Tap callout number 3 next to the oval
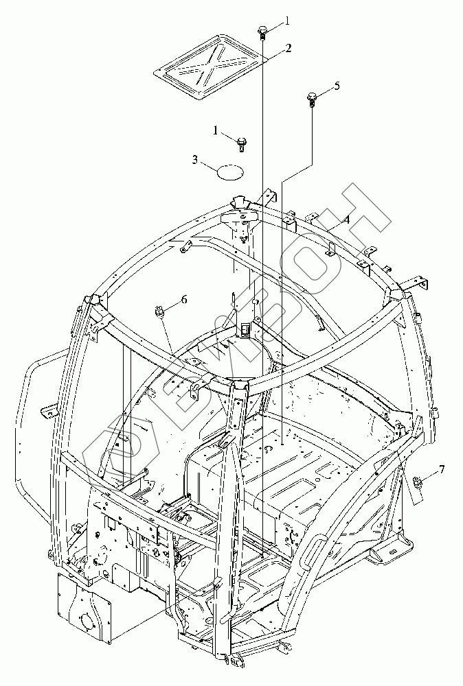(195, 161)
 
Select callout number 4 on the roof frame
(347, 220)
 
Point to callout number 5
(337, 86)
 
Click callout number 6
(183, 300)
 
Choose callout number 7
(442, 469)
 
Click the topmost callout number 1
(287, 21)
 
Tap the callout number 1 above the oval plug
(216, 130)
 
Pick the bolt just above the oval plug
(241, 142)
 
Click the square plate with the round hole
(84, 606)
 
